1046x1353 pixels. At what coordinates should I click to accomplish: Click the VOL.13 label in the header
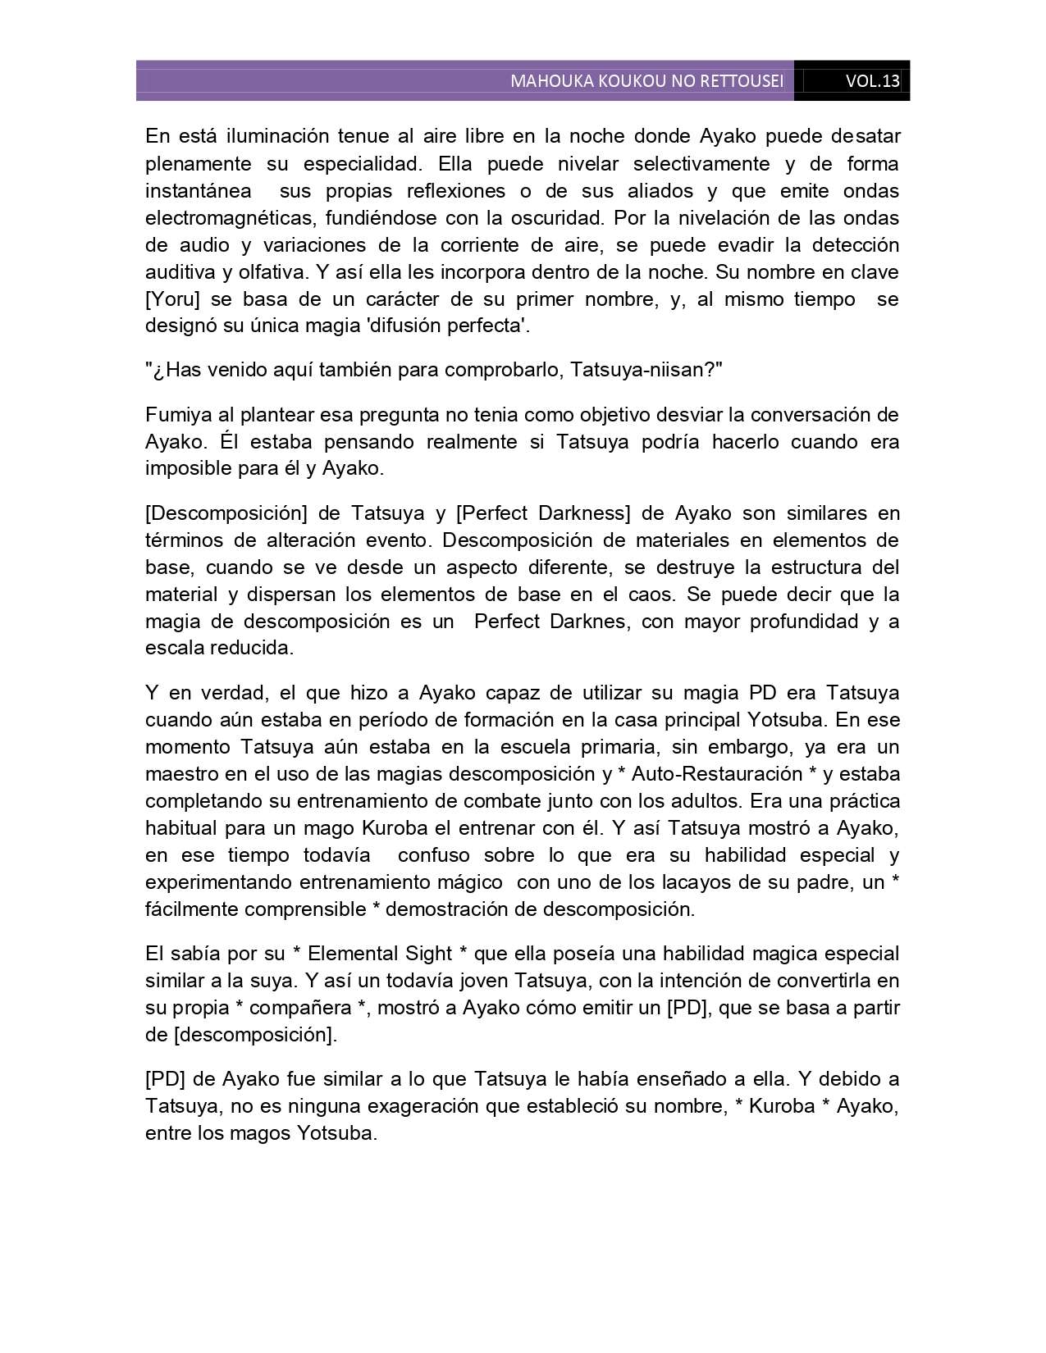(x=872, y=81)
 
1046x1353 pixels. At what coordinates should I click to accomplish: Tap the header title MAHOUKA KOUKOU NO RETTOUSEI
(x=646, y=81)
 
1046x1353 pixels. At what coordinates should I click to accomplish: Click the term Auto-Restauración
(x=717, y=774)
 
